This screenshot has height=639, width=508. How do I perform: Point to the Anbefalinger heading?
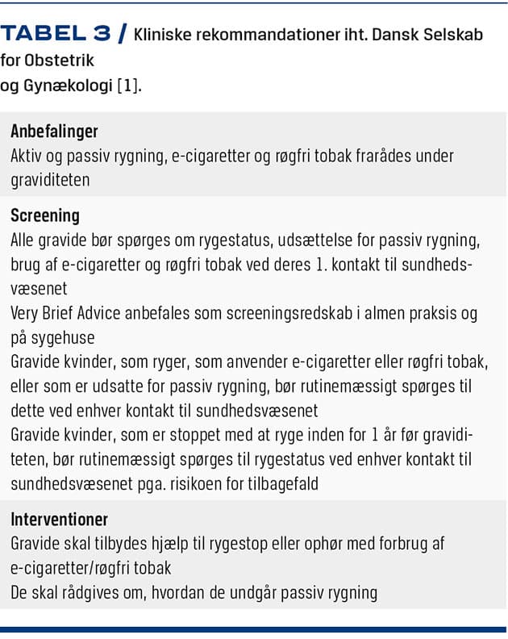click(x=54, y=131)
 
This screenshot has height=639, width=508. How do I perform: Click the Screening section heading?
click(x=45, y=215)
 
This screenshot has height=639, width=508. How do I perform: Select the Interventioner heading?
click(x=59, y=520)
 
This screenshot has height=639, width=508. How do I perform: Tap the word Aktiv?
click(x=27, y=156)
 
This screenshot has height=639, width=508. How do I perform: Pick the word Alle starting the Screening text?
click(x=24, y=240)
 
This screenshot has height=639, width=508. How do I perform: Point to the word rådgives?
click(x=86, y=592)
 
